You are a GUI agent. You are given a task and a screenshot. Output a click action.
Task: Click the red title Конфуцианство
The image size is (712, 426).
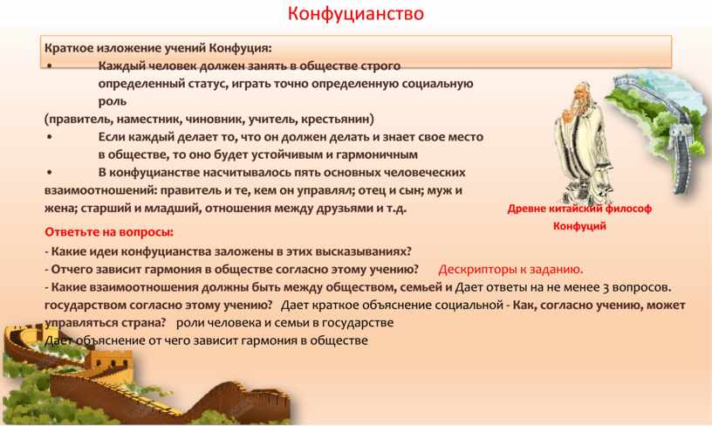[355, 13]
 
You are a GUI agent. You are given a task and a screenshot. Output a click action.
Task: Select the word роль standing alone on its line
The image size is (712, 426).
[113, 102]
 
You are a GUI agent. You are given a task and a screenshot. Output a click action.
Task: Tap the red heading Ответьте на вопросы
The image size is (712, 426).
[109, 232]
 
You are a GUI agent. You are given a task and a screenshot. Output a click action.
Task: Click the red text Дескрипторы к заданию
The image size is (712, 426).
[510, 270]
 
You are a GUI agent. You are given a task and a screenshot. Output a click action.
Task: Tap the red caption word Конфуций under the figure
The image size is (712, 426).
[579, 226]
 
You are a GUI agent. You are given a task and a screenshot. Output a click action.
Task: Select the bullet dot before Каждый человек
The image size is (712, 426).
[49, 66]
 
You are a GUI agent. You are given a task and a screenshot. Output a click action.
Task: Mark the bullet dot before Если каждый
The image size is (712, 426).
[49, 137]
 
